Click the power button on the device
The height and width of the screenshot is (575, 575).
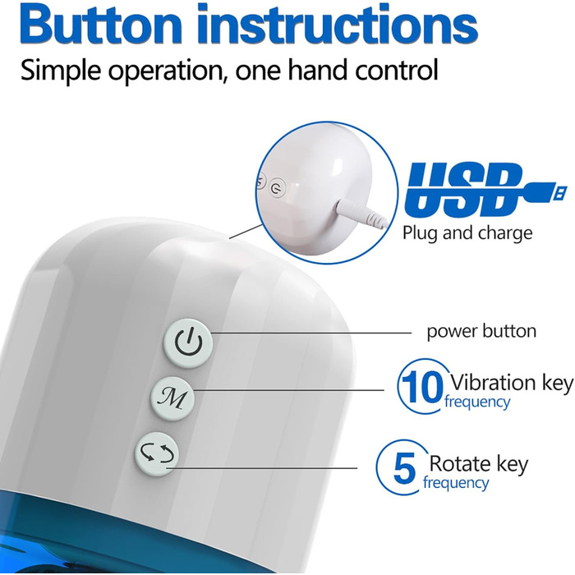(188, 343)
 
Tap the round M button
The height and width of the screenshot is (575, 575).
(172, 398)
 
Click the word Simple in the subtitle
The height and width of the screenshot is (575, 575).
(61, 71)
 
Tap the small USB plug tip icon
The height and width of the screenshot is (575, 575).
(559, 191)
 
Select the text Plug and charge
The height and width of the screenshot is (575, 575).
(467, 232)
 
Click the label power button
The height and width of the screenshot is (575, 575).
(481, 331)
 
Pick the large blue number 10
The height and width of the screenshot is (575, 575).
(421, 387)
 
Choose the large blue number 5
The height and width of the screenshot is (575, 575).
(404, 468)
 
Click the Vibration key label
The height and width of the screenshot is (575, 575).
(512, 383)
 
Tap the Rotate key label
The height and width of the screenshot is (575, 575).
(479, 464)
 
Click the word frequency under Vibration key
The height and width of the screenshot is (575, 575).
(477, 402)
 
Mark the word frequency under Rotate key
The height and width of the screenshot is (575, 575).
(456, 483)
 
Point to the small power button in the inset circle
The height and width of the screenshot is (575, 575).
(277, 188)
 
